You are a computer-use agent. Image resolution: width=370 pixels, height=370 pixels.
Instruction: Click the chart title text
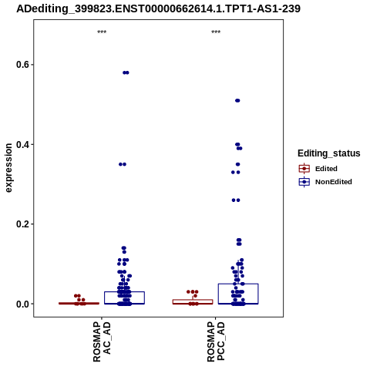pyautogui.click(x=158, y=8)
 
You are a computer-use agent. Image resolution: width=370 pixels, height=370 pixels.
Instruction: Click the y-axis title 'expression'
pyautogui.click(x=8, y=168)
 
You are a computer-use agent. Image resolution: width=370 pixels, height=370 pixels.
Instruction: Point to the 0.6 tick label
pyautogui.click(x=22, y=65)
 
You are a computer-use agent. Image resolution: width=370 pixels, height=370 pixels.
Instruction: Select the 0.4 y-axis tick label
pyautogui.click(x=22, y=144)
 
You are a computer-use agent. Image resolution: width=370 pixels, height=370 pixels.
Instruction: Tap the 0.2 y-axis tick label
pyautogui.click(x=22, y=224)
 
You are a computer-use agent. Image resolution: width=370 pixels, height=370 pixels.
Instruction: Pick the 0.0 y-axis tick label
pyautogui.click(x=22, y=304)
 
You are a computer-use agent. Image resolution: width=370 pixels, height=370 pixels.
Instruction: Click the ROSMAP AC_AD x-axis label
pyautogui.click(x=102, y=341)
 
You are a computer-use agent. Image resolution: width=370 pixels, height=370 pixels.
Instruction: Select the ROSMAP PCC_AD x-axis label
pyautogui.click(x=216, y=341)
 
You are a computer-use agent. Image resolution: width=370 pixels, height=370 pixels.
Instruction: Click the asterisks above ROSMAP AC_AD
pyautogui.click(x=102, y=32)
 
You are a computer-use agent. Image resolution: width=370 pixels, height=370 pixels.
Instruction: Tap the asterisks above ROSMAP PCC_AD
pyautogui.click(x=216, y=32)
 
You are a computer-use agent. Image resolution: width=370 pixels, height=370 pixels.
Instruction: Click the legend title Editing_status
pyautogui.click(x=329, y=153)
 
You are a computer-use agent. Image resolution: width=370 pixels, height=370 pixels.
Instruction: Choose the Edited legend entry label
pyautogui.click(x=326, y=169)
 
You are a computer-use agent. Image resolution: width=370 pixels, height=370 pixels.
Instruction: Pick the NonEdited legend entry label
pyautogui.click(x=334, y=182)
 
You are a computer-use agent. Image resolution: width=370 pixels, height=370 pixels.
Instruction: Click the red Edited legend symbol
pyautogui.click(x=304, y=169)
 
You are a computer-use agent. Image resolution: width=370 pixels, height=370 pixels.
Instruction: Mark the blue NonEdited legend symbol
pyautogui.click(x=304, y=182)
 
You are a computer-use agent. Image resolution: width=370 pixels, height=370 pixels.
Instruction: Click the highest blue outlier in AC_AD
pyautogui.click(x=126, y=72)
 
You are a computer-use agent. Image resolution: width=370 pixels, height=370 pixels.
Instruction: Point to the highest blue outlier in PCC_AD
pyautogui.click(x=237, y=100)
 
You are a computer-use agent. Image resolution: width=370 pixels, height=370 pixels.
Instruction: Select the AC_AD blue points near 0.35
pyautogui.click(x=123, y=164)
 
